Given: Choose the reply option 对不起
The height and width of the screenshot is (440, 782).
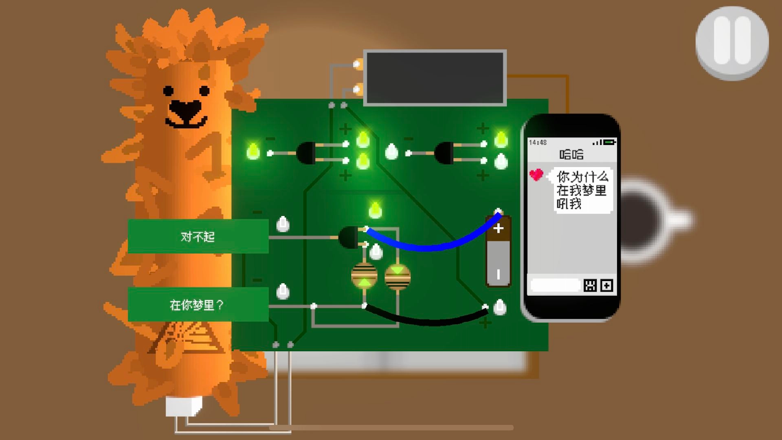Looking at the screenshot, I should [198, 236].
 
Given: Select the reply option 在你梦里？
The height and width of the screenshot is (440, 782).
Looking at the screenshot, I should [198, 304].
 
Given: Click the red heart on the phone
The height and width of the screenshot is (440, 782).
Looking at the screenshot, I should [536, 175].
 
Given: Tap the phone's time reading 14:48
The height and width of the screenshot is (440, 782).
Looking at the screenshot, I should [538, 142].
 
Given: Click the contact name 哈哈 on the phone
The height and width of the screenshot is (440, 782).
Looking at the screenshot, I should [571, 154].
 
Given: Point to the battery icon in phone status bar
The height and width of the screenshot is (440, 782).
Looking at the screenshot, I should [610, 142].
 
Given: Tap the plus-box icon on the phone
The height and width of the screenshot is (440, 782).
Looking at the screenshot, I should [606, 285].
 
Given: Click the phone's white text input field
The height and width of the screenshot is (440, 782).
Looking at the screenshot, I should [555, 285].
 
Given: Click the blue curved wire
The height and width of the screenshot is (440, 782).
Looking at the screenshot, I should [432, 246].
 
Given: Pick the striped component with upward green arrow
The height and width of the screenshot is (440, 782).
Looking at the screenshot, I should [364, 276].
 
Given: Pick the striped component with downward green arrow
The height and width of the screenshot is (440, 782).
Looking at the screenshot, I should [398, 276].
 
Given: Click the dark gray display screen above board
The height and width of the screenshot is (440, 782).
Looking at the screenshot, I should [435, 78].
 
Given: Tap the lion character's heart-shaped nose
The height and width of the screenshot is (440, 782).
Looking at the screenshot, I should [185, 108].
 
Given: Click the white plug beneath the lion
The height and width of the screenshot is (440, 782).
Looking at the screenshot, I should [184, 406].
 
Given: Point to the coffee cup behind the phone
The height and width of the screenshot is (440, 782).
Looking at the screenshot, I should [648, 220].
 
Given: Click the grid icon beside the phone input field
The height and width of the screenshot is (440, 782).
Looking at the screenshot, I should [590, 285].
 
